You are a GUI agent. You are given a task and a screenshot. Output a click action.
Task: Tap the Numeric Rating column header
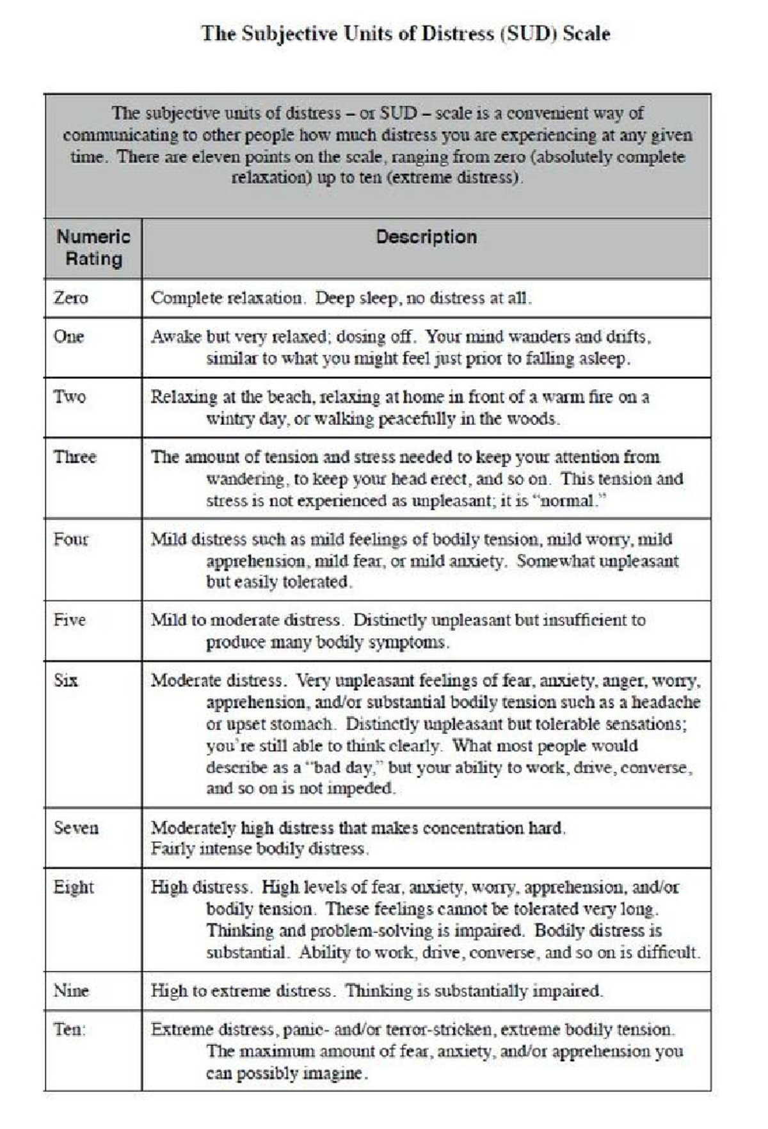coord(93,248)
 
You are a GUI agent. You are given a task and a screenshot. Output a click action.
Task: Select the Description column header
coord(426,237)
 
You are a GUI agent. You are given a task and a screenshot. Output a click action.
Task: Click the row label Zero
coord(70,298)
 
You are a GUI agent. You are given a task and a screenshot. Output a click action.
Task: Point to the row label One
coord(68,337)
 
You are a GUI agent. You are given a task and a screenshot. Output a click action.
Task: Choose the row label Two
coord(69,397)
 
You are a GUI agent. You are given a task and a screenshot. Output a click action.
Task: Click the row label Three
coord(74,457)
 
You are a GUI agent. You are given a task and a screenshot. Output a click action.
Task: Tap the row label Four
coord(70,539)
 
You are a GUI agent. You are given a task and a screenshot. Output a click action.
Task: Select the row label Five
coord(69,620)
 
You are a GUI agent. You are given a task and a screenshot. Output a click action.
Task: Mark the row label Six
coord(65,680)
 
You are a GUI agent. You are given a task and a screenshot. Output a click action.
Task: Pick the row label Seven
coord(76,828)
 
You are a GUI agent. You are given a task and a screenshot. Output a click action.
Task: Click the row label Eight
coord(73,887)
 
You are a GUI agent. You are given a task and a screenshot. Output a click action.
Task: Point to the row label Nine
coord(70,991)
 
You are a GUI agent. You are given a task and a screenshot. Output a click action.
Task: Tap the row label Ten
coord(68,1029)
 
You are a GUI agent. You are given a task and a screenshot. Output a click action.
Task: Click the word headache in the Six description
coord(666,702)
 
